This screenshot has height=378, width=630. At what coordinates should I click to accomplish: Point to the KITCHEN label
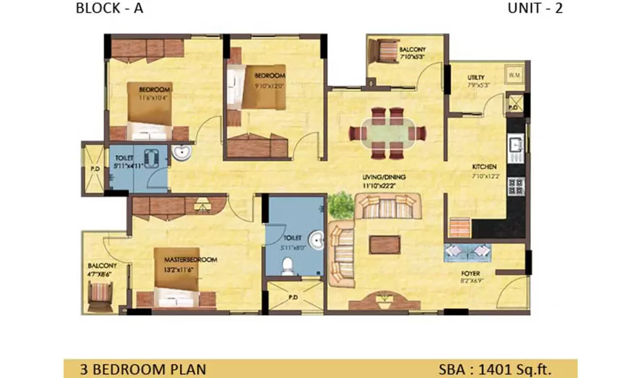(485, 167)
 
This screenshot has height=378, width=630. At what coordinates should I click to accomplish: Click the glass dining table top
(388, 133)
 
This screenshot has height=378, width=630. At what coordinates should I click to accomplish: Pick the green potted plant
(341, 204)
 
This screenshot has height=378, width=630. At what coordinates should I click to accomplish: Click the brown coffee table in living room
(384, 244)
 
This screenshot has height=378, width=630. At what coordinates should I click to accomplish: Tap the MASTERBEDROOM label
(192, 260)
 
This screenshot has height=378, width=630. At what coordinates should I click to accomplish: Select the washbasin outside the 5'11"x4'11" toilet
(181, 152)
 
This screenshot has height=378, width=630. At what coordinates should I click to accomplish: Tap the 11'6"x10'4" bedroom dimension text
(154, 98)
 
